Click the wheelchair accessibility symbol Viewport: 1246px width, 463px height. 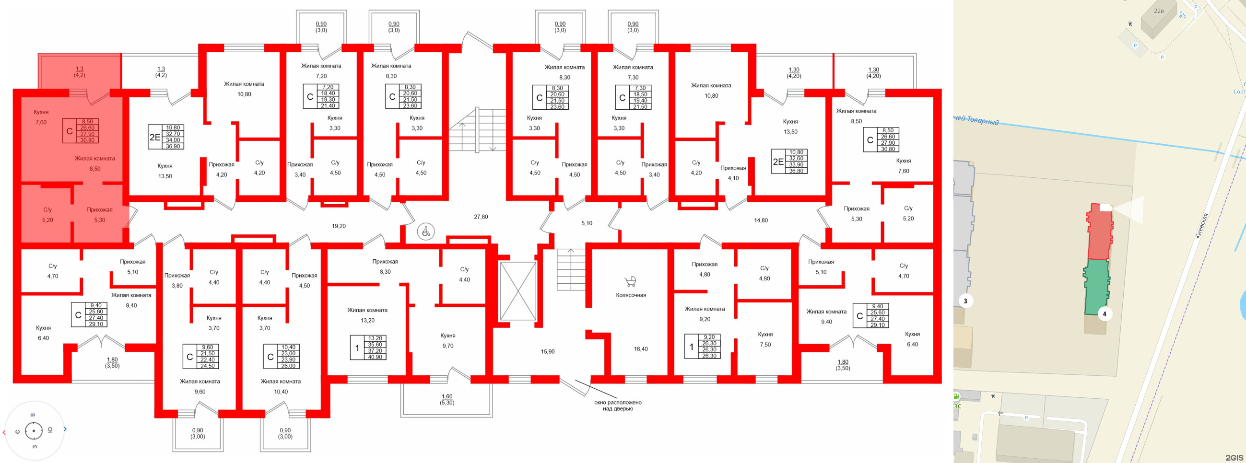[x=426, y=232]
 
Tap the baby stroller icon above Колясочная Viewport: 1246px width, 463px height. [x=630, y=281]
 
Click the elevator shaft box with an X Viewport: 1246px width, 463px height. [x=517, y=291]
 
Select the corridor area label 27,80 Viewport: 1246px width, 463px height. [x=481, y=217]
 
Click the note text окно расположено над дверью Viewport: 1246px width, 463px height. [x=618, y=405]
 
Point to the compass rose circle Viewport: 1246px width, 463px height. [x=34, y=430]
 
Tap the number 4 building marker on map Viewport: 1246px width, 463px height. [x=1104, y=314]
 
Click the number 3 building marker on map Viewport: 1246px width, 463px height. [x=965, y=301]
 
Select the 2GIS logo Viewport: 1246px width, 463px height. [x=1234, y=457]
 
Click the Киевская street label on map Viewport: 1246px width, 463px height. [x=1201, y=226]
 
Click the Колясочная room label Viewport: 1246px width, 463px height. [x=631, y=295]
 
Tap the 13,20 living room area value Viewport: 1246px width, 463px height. [x=367, y=321]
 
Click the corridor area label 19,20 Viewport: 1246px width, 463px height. [x=339, y=226]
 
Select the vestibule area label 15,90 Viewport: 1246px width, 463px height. [x=548, y=352]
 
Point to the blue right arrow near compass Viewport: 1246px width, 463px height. [x=65, y=428]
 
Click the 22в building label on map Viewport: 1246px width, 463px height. [x=1158, y=11]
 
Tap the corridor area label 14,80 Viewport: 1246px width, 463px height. [x=760, y=220]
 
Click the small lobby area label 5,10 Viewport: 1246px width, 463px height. [x=586, y=223]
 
